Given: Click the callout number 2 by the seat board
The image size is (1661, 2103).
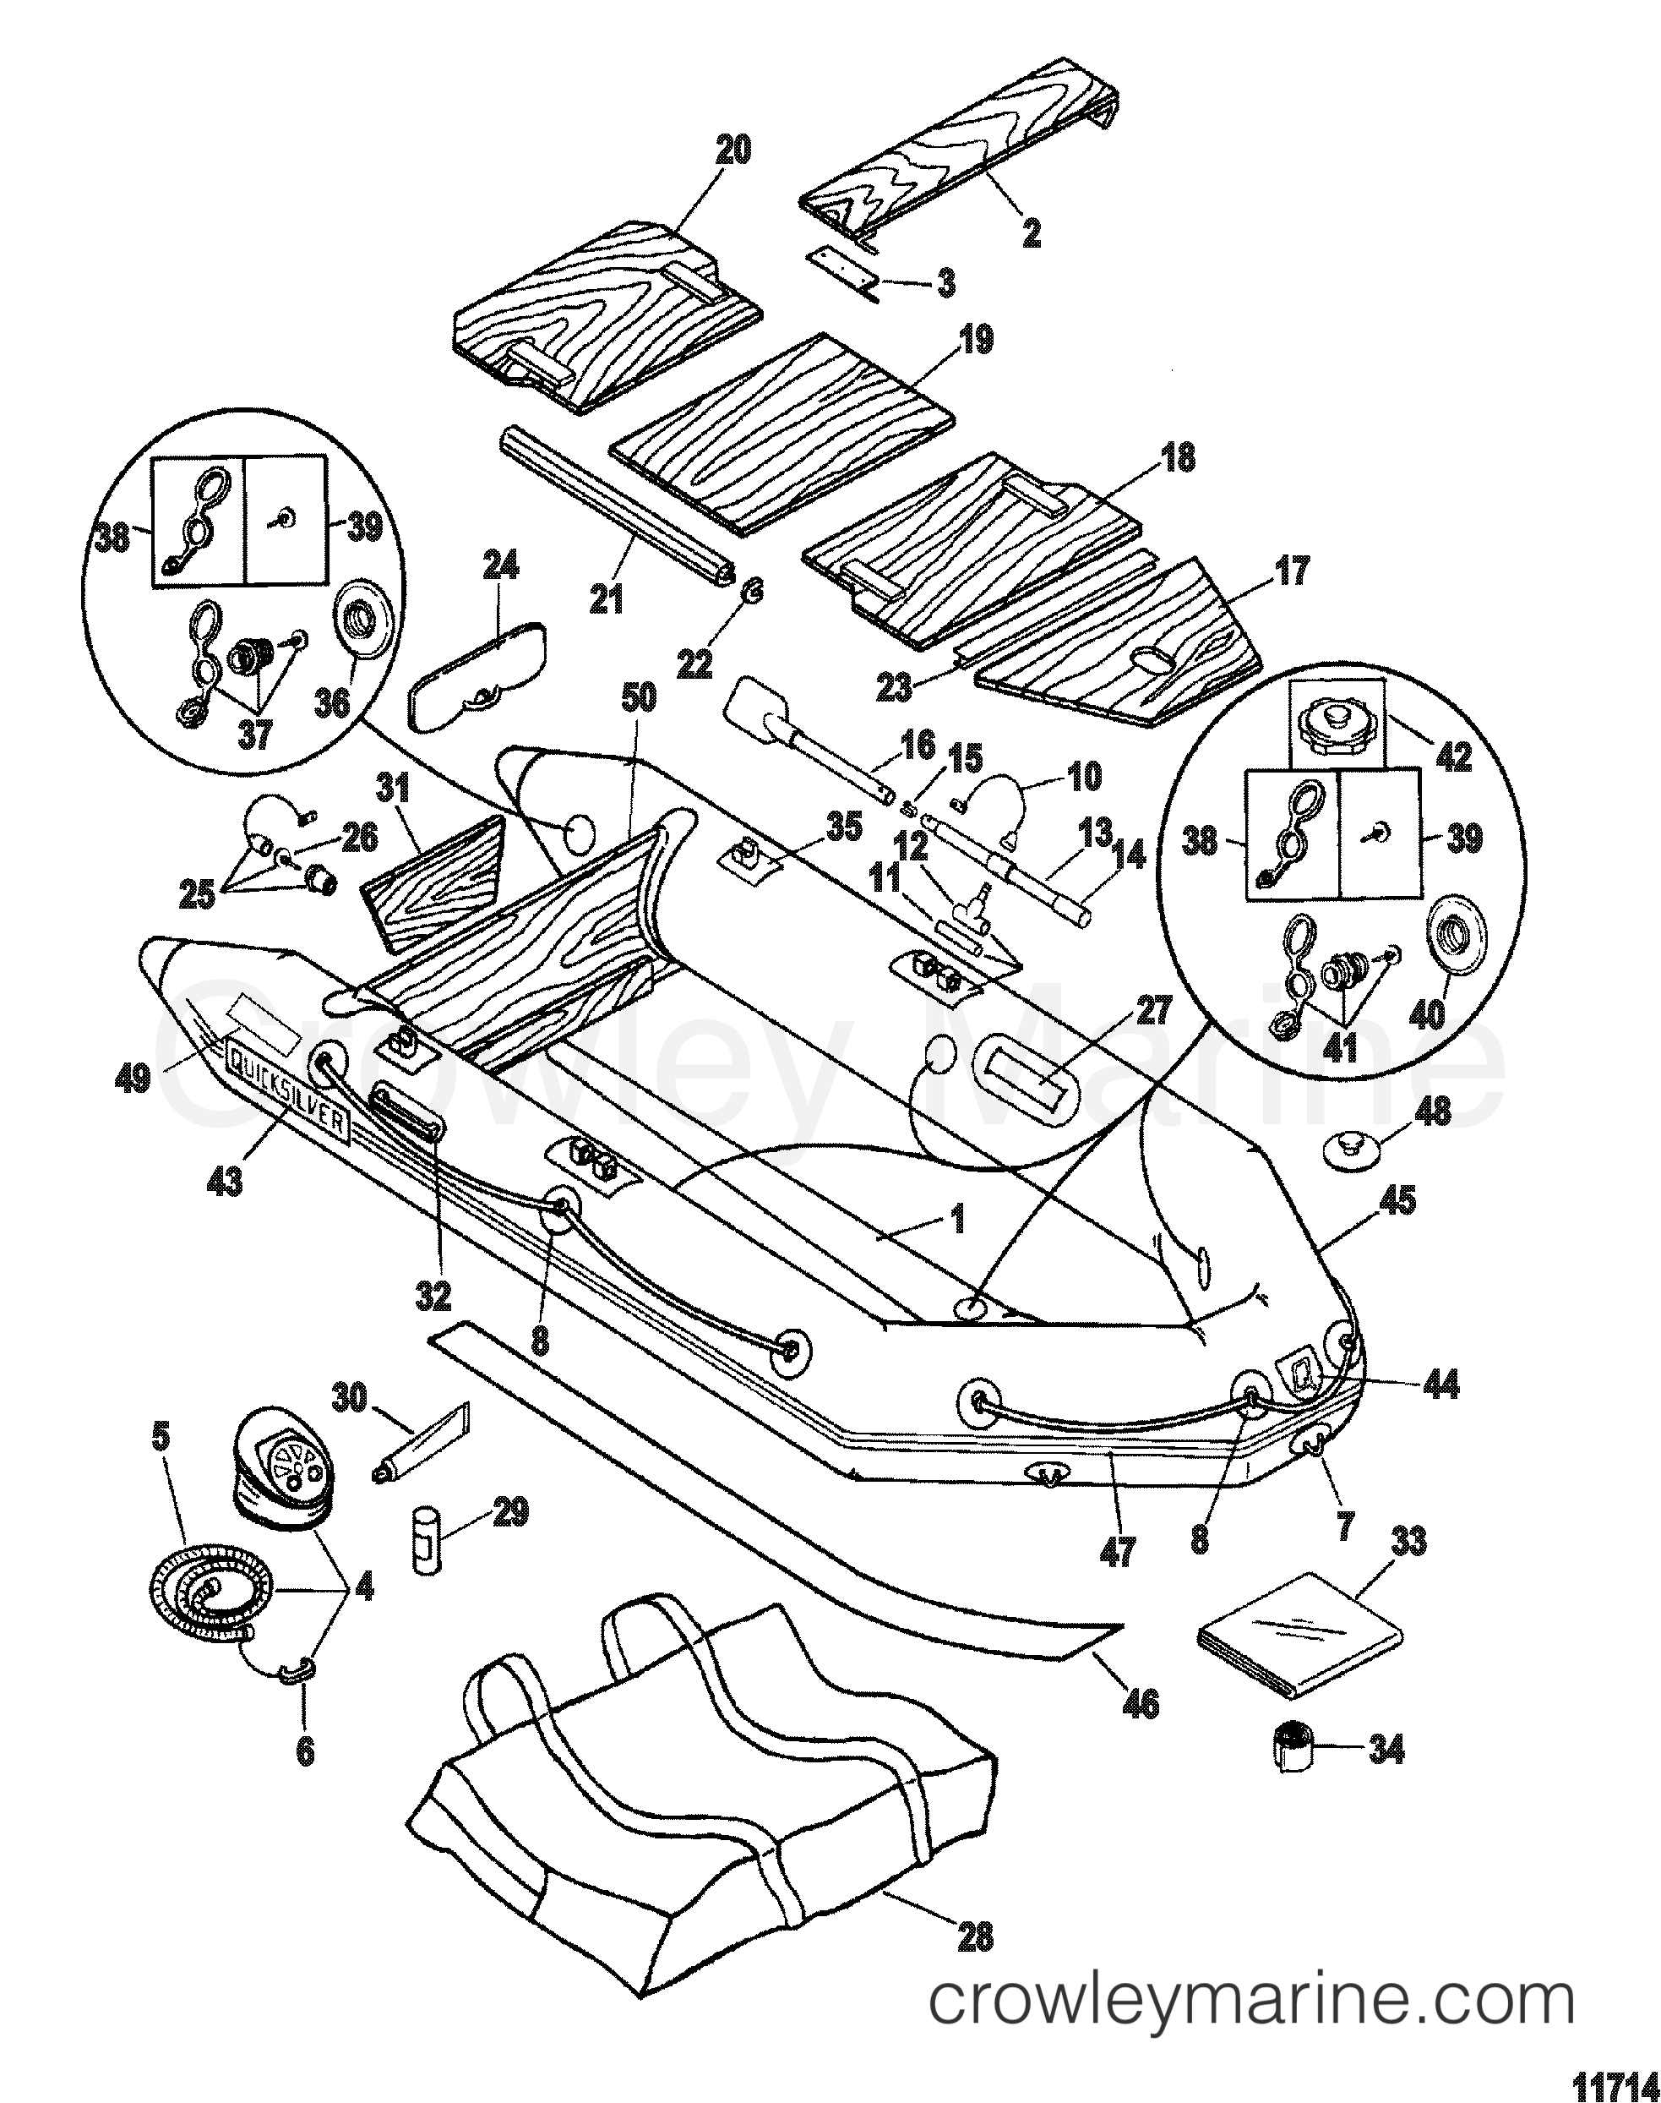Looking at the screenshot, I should (x=1032, y=232).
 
